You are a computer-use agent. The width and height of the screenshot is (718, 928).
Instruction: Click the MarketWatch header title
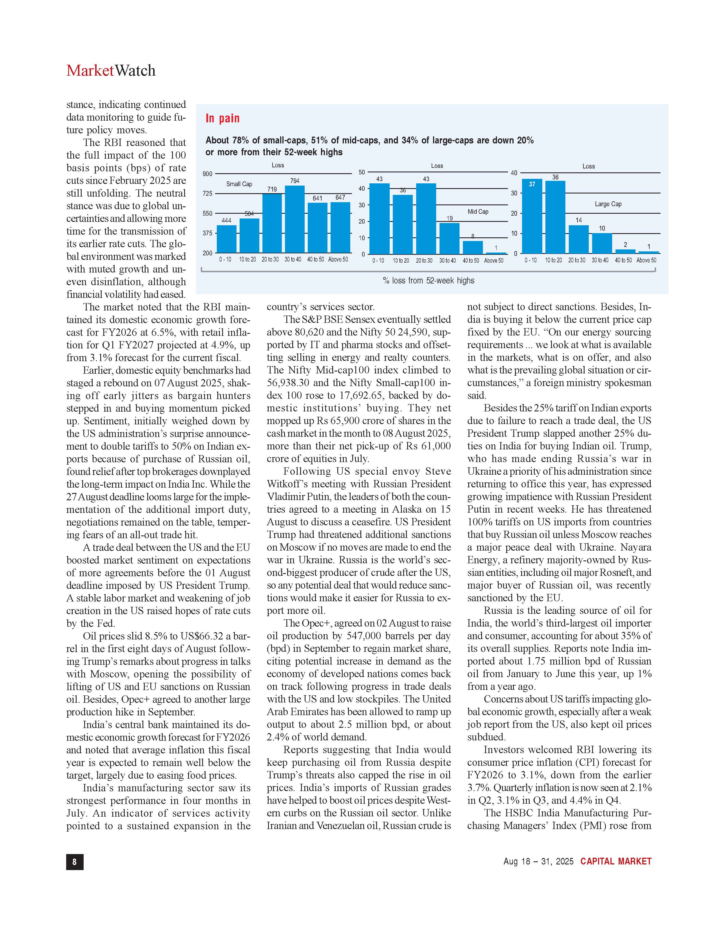pyautogui.click(x=111, y=71)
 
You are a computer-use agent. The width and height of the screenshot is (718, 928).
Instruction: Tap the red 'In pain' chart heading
pyautogui.click(x=222, y=119)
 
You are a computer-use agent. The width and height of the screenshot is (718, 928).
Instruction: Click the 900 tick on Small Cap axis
pyautogui.click(x=207, y=174)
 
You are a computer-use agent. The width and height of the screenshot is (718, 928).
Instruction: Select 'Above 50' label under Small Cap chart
pyautogui.click(x=338, y=259)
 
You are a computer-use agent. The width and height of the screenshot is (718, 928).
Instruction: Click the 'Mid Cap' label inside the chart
pyautogui.click(x=478, y=211)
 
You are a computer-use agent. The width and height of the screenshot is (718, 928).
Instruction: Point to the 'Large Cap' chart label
pyautogui.click(x=608, y=204)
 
